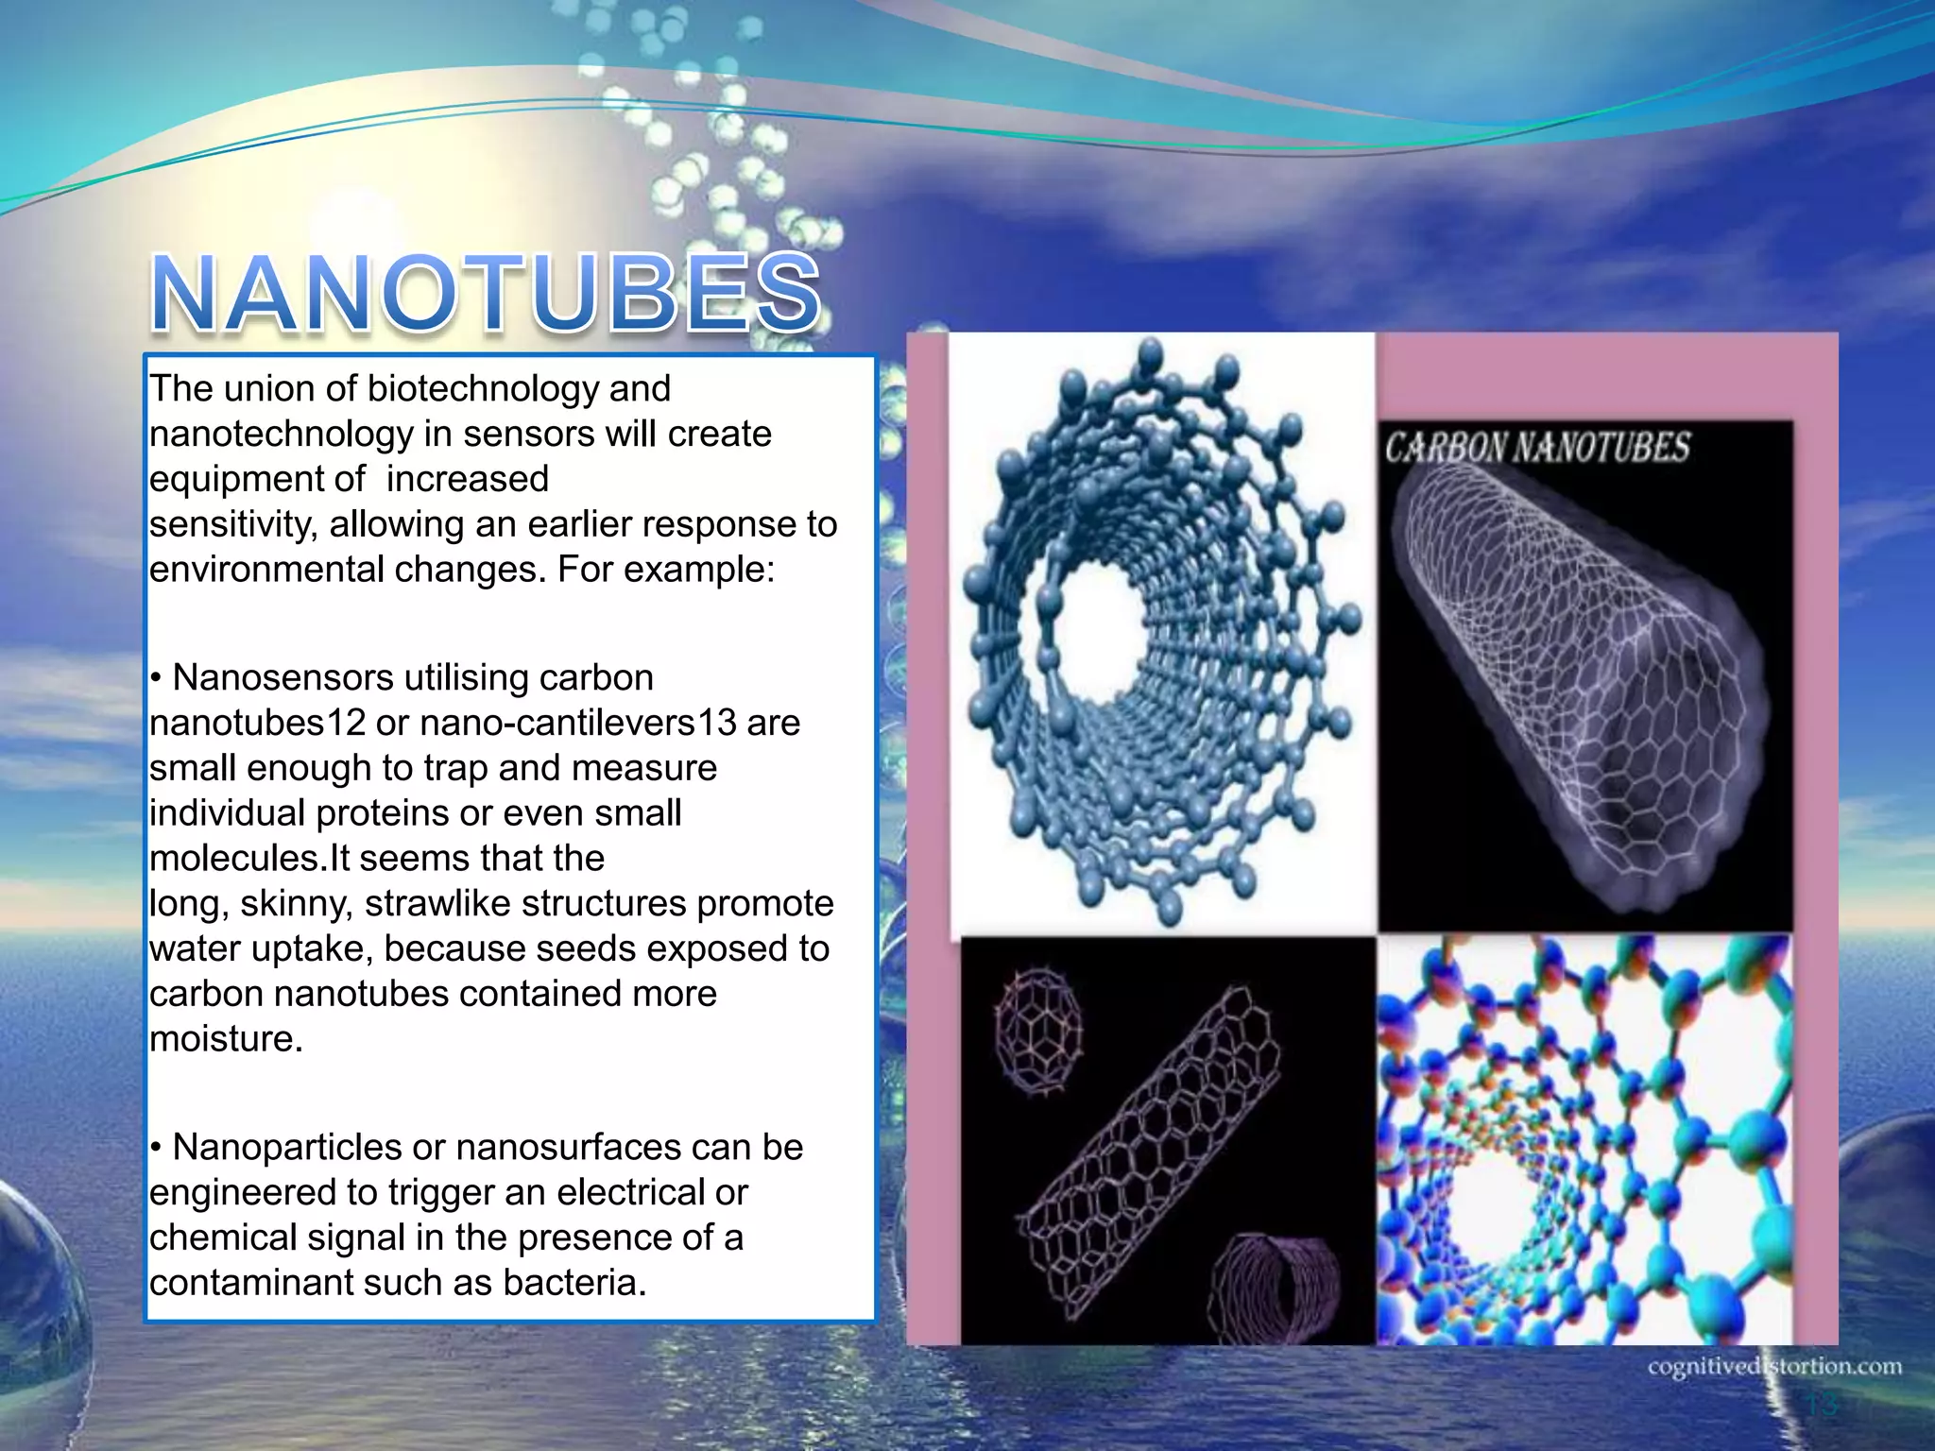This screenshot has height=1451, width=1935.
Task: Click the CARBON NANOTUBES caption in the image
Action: (1537, 447)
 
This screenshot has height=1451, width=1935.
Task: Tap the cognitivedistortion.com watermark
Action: (1774, 1367)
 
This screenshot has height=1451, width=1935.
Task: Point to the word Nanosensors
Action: (283, 678)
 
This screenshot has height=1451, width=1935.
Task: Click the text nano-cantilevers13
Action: (578, 724)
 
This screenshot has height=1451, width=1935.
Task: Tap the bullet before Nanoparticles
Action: (156, 1148)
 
